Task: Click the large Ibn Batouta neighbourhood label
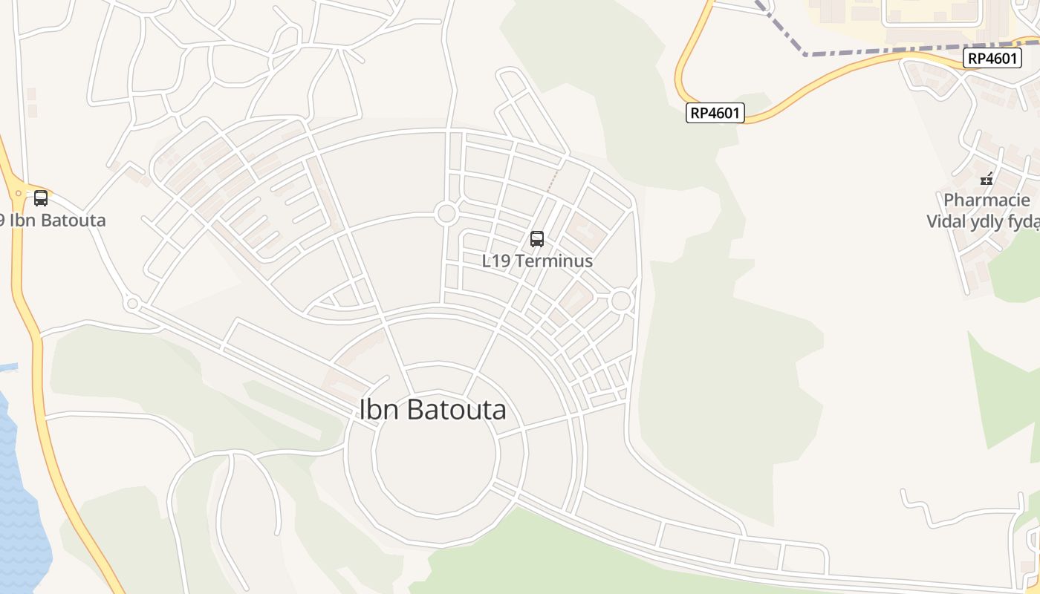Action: pyautogui.click(x=433, y=410)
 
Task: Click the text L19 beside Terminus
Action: pyautogui.click(x=496, y=261)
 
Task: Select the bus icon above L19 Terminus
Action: pyautogui.click(x=537, y=239)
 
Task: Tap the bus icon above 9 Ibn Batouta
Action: pyautogui.click(x=41, y=198)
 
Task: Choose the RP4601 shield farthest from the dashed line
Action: pyautogui.click(x=715, y=113)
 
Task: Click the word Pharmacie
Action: pyautogui.click(x=987, y=200)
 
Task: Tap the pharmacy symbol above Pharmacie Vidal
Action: pyautogui.click(x=987, y=179)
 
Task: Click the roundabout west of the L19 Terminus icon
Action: pyautogui.click(x=446, y=214)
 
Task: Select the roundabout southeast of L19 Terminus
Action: pyautogui.click(x=621, y=301)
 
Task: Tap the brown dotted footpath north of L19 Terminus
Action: pyautogui.click(x=553, y=180)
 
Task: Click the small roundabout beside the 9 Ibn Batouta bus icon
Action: pyautogui.click(x=19, y=193)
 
